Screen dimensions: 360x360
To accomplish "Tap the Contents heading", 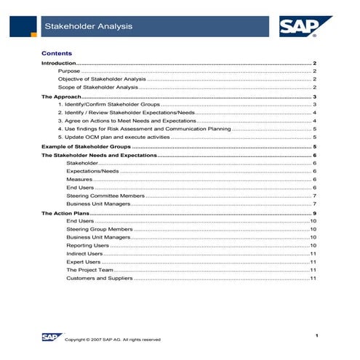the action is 57,53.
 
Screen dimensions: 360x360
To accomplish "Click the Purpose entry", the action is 70,72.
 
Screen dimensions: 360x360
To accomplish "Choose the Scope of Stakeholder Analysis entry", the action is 97,87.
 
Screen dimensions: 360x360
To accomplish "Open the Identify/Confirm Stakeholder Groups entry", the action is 108,105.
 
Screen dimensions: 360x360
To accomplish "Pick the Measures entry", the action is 79,180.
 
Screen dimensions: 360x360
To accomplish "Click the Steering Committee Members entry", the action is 105,196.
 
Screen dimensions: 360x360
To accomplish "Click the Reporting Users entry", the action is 87,245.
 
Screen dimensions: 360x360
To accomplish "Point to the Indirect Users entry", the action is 84,253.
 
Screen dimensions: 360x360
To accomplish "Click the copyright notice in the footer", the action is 113,340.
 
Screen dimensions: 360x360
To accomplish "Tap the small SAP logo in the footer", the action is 50,336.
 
